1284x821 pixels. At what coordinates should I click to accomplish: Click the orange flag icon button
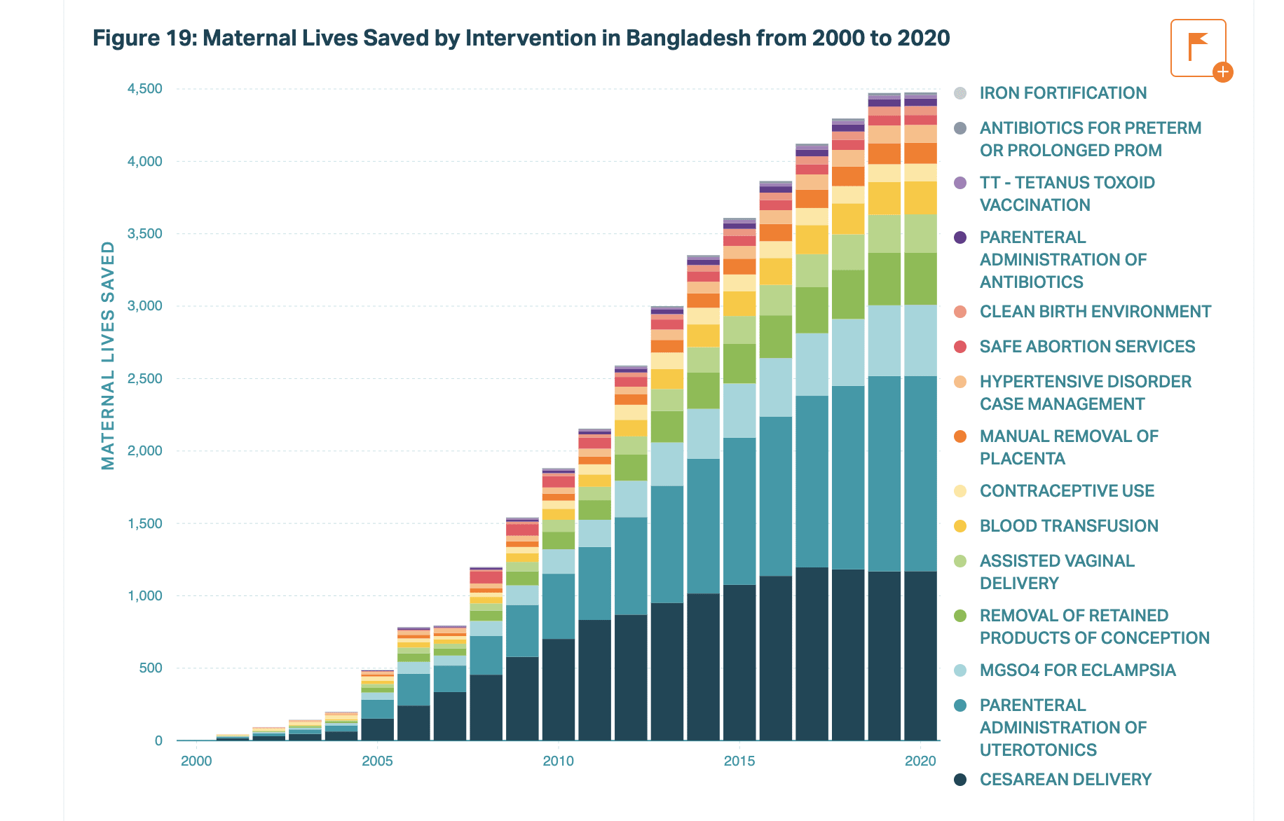(x=1198, y=48)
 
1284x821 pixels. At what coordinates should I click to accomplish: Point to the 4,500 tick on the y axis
(x=144, y=89)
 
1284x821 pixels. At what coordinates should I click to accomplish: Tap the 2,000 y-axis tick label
(x=144, y=450)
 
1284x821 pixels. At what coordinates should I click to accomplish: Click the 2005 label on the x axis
(x=377, y=761)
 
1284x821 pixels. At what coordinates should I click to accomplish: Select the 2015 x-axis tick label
(x=739, y=761)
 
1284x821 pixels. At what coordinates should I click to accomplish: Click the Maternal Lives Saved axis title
(x=108, y=355)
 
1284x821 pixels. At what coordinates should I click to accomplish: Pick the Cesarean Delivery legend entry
(x=1065, y=780)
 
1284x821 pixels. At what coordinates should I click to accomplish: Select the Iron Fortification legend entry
(x=1063, y=93)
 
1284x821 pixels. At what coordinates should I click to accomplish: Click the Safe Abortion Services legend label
(x=1087, y=347)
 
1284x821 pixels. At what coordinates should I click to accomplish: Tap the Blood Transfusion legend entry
(x=1068, y=526)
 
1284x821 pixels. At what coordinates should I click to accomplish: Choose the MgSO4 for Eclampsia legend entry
(x=1077, y=670)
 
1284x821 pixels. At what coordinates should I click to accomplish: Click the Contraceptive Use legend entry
(x=1066, y=491)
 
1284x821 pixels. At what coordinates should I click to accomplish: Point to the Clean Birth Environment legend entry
(x=1095, y=312)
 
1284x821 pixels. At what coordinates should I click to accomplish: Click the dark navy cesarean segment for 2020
(x=920, y=655)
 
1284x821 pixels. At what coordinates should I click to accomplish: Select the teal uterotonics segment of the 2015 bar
(x=739, y=511)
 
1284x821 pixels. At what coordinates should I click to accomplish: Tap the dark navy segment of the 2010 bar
(x=559, y=689)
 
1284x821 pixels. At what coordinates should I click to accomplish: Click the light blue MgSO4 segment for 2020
(x=920, y=340)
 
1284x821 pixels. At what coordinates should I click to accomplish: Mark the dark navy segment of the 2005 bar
(x=377, y=729)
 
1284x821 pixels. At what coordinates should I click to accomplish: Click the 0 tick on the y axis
(x=158, y=740)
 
